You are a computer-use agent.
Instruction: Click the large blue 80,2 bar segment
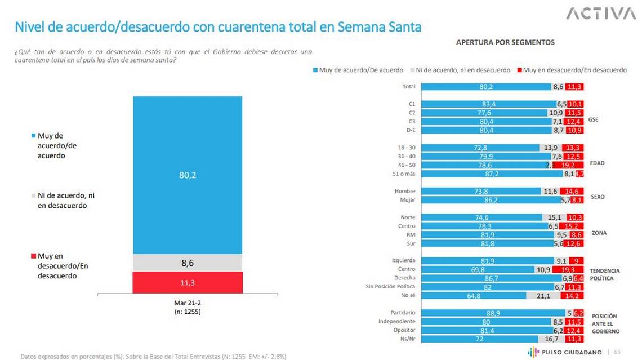tap(188, 175)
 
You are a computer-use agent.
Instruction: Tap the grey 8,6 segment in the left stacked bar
tap(188, 263)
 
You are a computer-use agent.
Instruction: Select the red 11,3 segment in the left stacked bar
tap(188, 282)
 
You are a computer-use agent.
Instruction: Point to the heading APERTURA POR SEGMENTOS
tap(505, 42)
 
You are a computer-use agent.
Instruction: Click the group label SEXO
tap(597, 197)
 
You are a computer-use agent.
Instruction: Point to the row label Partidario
tap(403, 312)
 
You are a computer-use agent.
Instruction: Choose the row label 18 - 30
tap(406, 147)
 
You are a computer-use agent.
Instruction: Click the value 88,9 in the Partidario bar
tap(493, 312)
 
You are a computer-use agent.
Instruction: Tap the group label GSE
tap(593, 120)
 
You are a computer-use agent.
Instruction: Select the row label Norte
tap(407, 217)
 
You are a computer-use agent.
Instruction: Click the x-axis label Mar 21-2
tap(188, 303)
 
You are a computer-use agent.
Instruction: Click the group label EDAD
tap(597, 163)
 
